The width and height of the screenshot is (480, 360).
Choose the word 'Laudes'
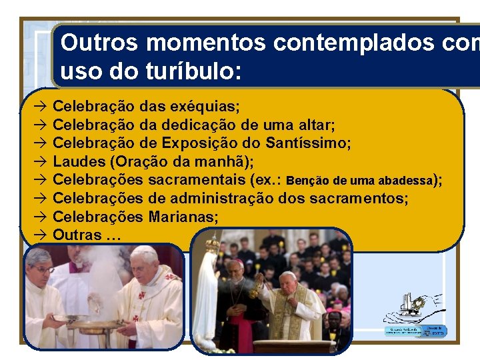click(78, 161)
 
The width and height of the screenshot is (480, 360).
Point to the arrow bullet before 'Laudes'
click(39, 161)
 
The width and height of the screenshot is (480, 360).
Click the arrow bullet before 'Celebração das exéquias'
click(39, 106)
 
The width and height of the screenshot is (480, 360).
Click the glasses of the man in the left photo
click(43, 269)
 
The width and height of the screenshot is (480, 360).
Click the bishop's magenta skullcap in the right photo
click(235, 262)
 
